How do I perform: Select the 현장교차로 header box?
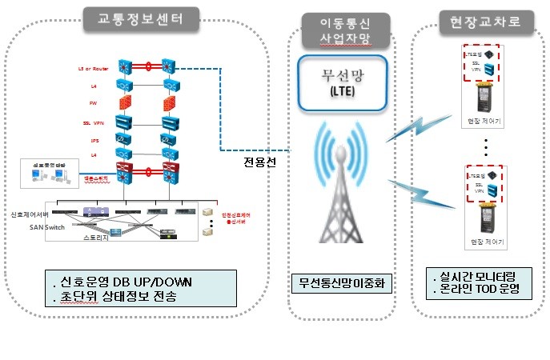coord(480,22)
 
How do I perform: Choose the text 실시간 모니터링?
coord(480,275)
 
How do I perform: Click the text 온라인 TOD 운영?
coord(481,289)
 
